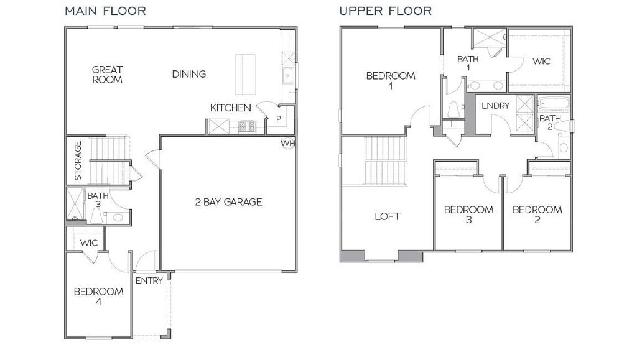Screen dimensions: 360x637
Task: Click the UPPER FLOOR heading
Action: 386,11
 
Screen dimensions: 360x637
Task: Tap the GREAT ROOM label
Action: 108,75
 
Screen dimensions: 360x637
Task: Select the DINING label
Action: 189,74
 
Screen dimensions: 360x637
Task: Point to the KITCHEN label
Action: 230,108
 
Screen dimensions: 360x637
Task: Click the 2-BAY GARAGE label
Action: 228,201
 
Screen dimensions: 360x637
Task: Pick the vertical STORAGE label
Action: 78,160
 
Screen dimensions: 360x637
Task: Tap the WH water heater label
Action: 287,144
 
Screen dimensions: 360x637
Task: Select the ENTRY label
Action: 149,280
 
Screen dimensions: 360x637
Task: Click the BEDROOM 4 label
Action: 98,297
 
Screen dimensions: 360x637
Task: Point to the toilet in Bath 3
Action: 96,216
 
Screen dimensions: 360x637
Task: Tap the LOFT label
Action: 387,216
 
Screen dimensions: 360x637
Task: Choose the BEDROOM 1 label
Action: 391,81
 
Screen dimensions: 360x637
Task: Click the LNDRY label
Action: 496,106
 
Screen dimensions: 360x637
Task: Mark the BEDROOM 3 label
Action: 468,215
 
